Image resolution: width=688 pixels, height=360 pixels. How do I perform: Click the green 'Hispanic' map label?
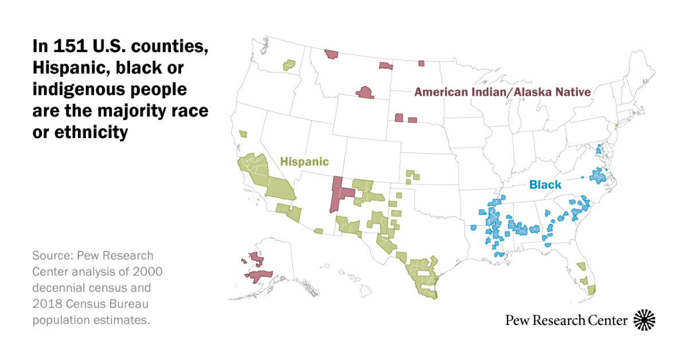click(304, 162)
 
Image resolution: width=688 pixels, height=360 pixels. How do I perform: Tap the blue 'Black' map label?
click(545, 185)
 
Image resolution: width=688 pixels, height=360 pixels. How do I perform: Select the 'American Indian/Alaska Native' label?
click(503, 92)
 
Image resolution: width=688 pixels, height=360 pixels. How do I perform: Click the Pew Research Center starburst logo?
click(644, 320)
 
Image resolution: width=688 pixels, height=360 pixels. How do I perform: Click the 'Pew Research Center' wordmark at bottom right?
click(566, 320)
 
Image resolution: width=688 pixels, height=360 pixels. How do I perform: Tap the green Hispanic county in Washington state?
click(289, 65)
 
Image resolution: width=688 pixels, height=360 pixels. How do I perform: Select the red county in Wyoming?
click(364, 93)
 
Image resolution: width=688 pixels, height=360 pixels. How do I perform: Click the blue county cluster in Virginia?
click(599, 175)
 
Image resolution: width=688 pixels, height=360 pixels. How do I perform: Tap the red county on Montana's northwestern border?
click(331, 54)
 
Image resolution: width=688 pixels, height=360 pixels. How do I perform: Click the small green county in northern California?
click(243, 134)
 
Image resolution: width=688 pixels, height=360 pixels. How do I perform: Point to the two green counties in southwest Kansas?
click(410, 175)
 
